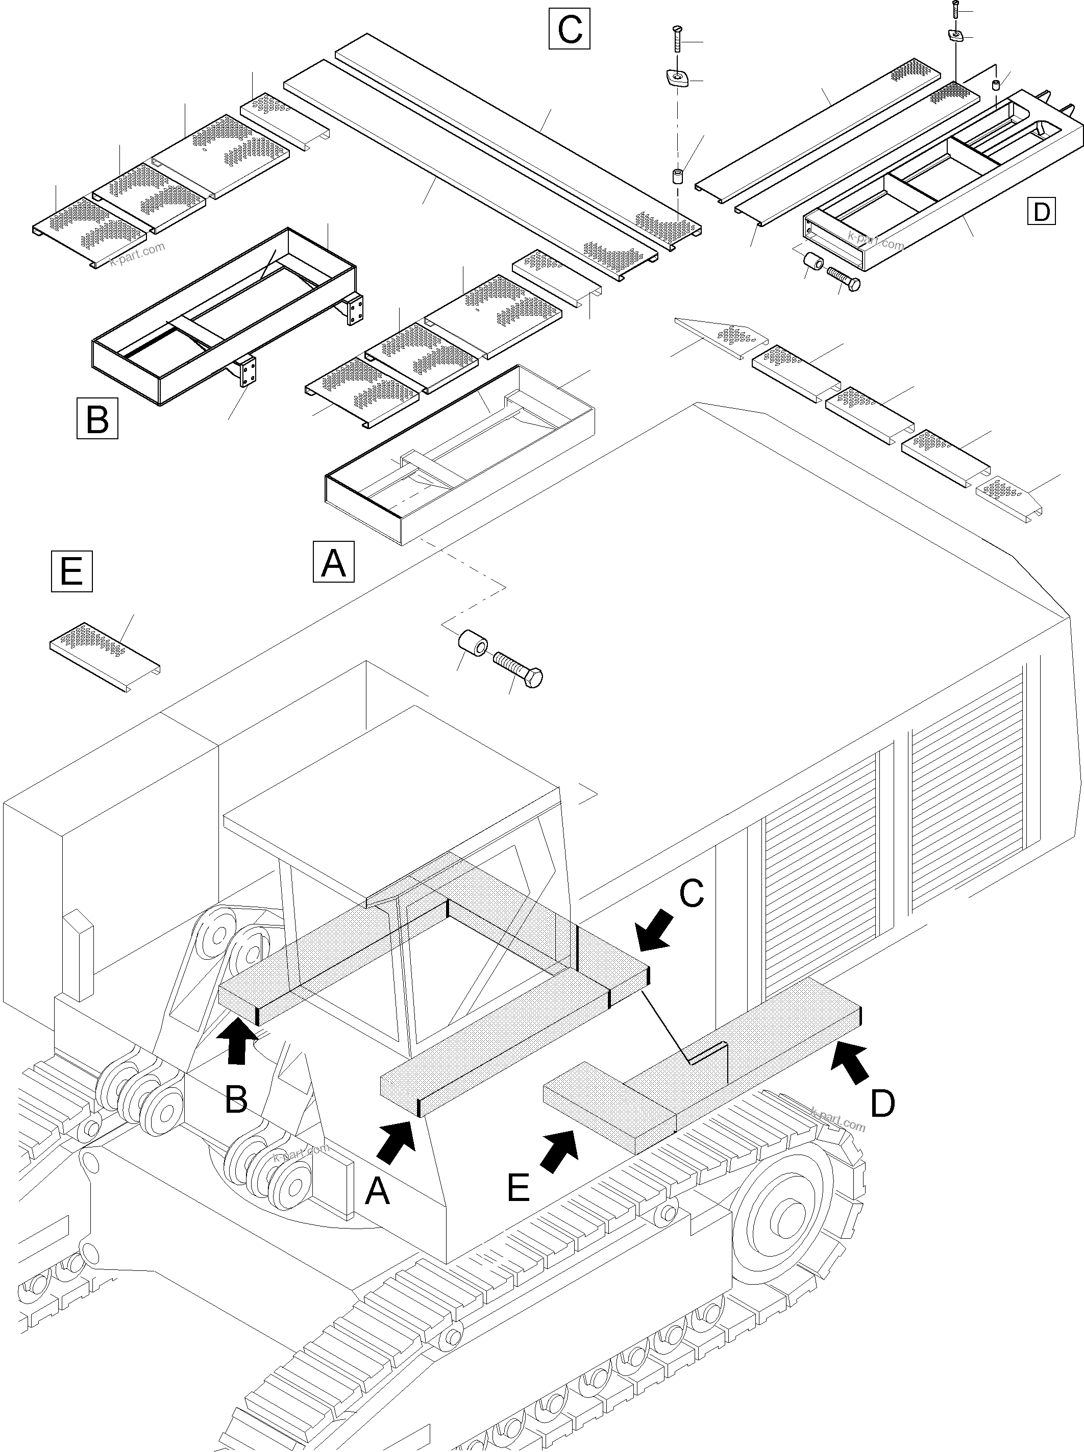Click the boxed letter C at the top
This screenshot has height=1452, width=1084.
click(569, 29)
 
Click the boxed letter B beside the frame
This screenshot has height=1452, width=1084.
click(97, 418)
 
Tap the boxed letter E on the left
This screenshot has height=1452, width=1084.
click(71, 571)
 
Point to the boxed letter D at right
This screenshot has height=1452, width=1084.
click(1041, 211)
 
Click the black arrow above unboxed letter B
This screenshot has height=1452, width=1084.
click(237, 1039)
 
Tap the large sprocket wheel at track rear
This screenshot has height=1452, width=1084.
click(787, 1217)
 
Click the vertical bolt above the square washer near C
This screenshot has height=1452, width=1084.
click(677, 41)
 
